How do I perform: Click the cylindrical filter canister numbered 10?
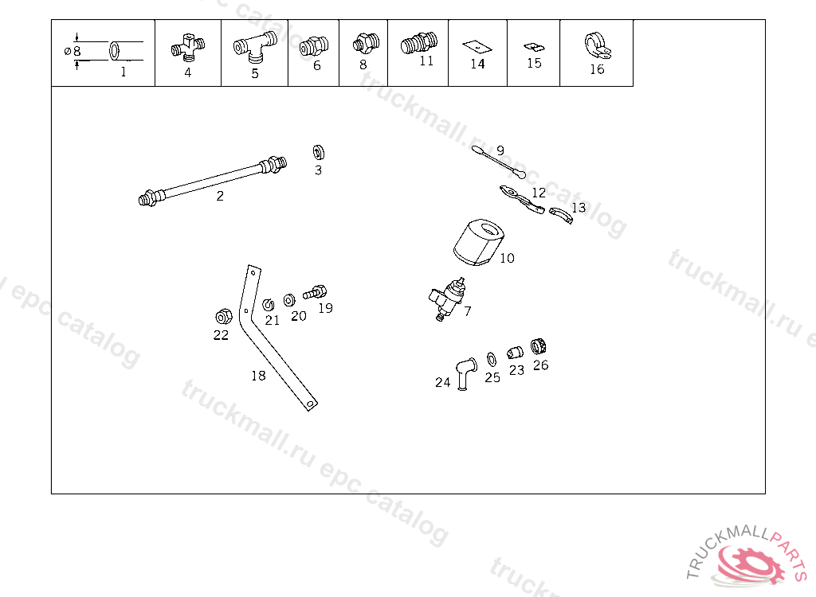pyautogui.click(x=478, y=242)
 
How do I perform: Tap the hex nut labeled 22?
pyautogui.click(x=224, y=316)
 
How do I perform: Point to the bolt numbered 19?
pyautogui.click(x=315, y=292)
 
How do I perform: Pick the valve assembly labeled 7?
pyautogui.click(x=448, y=299)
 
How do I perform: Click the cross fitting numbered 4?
pyautogui.click(x=188, y=49)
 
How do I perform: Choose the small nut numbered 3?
pyautogui.click(x=319, y=152)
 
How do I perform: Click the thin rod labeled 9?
pyautogui.click(x=499, y=162)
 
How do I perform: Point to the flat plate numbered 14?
pyautogui.click(x=477, y=47)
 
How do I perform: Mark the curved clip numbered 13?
pyautogui.click(x=561, y=215)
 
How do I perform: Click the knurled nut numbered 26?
pyautogui.click(x=538, y=345)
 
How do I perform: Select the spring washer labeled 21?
pyautogui.click(x=268, y=305)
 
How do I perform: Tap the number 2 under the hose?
pyautogui.click(x=220, y=196)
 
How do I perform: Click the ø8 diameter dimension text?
pyautogui.click(x=73, y=51)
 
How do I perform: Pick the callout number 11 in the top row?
pyautogui.click(x=426, y=60)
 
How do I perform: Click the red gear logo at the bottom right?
pyautogui.click(x=751, y=564)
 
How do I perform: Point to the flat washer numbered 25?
pyautogui.click(x=491, y=359)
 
